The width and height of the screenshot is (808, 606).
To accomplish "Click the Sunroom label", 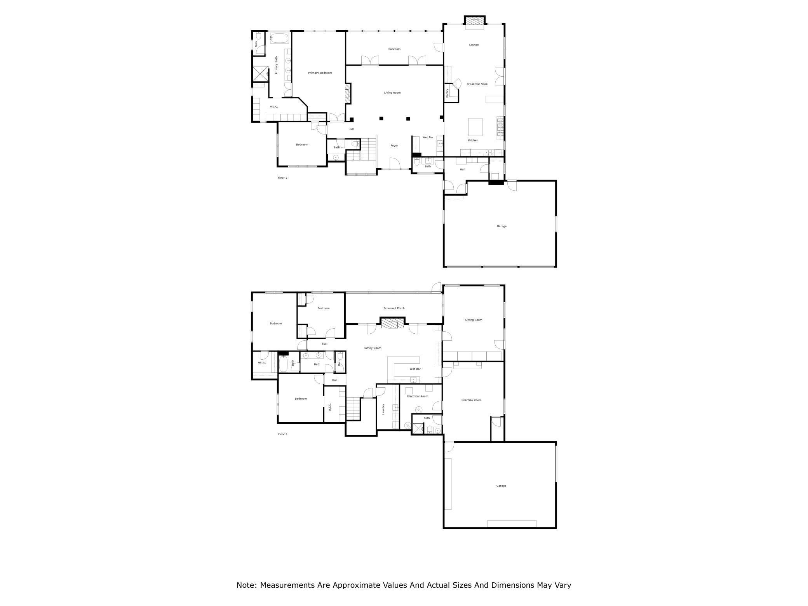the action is point(394,49).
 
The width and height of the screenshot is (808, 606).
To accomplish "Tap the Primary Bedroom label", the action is point(320,73).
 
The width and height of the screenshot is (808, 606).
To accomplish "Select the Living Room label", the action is point(392,93).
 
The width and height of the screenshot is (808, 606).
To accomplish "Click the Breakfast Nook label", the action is point(477,84).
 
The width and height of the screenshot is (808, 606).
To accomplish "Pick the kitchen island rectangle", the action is point(475,127).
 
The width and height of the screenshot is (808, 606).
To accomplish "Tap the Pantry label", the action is point(448,93).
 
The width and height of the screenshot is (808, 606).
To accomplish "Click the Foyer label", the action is point(394,146).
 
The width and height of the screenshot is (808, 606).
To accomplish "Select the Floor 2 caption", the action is point(282,178).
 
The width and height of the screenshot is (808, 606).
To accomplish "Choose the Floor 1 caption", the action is point(283,434).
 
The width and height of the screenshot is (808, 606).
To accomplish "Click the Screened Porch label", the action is point(394,308).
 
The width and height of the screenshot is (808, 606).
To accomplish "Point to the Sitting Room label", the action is point(474,320).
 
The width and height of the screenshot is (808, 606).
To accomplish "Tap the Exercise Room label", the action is point(472,400).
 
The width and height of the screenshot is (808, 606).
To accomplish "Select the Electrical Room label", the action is point(418,396).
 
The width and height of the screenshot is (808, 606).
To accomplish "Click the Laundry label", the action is point(383,409).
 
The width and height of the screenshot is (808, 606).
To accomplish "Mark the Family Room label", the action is point(373,348).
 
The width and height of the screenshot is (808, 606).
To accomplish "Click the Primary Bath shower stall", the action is point(260,74).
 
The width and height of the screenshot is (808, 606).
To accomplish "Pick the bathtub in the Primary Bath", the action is point(280,38).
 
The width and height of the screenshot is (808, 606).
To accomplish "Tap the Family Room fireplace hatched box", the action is point(392,324).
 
